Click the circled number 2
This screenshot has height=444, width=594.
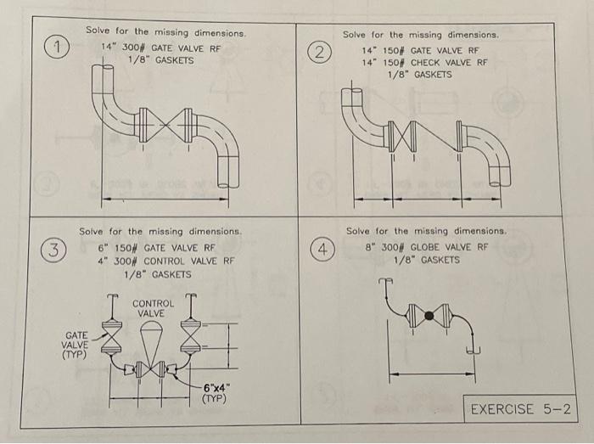click(319, 52)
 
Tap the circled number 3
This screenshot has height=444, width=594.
click(53, 250)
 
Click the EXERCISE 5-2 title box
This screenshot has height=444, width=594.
click(519, 409)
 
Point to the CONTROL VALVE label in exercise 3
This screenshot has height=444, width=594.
click(153, 308)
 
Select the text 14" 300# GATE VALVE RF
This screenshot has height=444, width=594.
click(160, 48)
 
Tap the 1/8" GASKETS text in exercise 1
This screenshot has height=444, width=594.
click(160, 60)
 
